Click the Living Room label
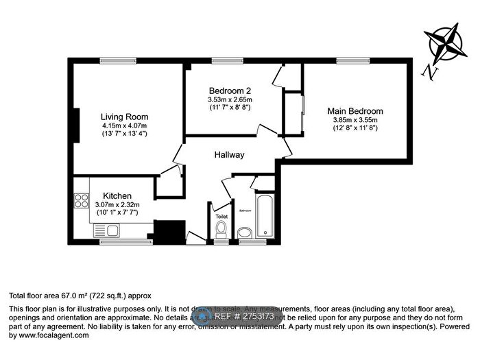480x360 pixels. tap(124, 117)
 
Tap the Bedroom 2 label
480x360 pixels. tap(230, 91)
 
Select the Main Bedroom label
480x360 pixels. tap(355, 111)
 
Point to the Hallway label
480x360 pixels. tap(228, 155)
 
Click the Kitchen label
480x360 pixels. tap(117, 195)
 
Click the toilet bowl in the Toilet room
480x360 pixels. tap(221, 229)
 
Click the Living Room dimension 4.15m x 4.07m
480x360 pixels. tap(124, 125)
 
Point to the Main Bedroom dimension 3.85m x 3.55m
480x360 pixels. tap(355, 120)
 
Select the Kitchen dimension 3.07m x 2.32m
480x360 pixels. tap(117, 204)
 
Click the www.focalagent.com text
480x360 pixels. tap(47, 335)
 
